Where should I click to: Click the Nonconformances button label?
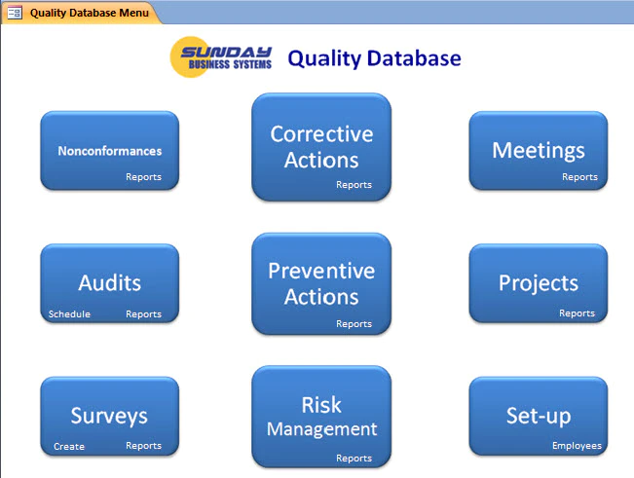(110, 151)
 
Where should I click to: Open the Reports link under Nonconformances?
(143, 177)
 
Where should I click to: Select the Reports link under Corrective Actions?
(354, 185)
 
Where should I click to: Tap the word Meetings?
(539, 151)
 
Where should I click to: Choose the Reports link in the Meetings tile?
(579, 177)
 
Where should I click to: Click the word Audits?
(110, 282)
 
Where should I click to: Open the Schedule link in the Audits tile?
(69, 313)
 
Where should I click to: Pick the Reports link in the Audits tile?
(143, 314)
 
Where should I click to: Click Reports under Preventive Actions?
(354, 324)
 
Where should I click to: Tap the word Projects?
(539, 283)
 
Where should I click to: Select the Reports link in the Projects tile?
(577, 313)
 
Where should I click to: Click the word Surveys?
(109, 417)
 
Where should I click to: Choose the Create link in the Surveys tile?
(69, 447)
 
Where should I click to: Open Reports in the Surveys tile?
(143, 446)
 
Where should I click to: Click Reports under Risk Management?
(354, 459)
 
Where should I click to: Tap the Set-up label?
(539, 416)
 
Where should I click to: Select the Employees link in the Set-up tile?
(577, 446)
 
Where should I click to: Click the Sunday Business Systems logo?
(221, 57)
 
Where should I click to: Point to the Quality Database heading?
(374, 58)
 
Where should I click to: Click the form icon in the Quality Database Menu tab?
(15, 13)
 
